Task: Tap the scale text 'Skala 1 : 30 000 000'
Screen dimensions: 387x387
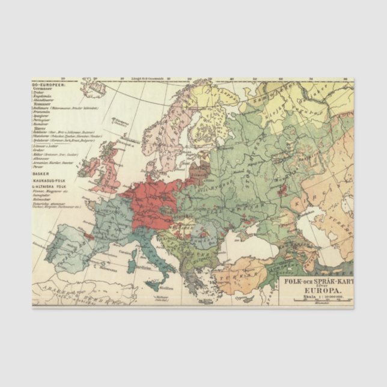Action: (x=314, y=296)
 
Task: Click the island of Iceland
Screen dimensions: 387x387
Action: (x=96, y=90)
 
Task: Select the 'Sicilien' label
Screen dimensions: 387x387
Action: (x=166, y=288)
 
